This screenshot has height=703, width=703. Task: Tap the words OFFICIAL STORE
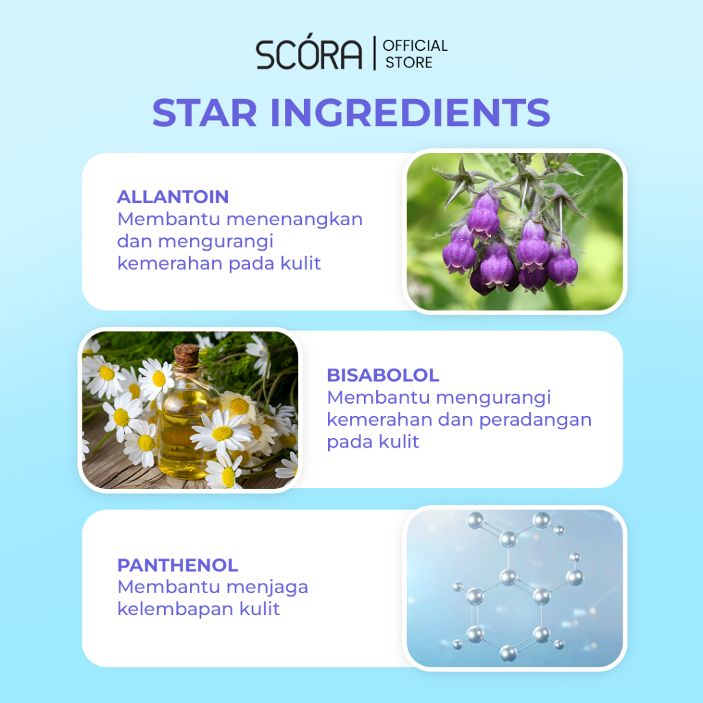click(415, 54)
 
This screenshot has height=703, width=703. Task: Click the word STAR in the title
click(205, 113)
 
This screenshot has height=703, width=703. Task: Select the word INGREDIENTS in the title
click(411, 113)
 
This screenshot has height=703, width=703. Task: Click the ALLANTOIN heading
click(172, 197)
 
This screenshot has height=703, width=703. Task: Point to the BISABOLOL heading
click(383, 376)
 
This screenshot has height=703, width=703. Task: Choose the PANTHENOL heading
click(178, 566)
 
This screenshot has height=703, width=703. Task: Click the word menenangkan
click(295, 219)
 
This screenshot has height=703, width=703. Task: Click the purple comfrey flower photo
click(515, 231)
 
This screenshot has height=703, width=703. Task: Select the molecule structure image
click(515, 588)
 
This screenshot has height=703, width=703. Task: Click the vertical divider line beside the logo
click(374, 53)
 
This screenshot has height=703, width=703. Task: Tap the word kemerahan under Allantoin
click(170, 263)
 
